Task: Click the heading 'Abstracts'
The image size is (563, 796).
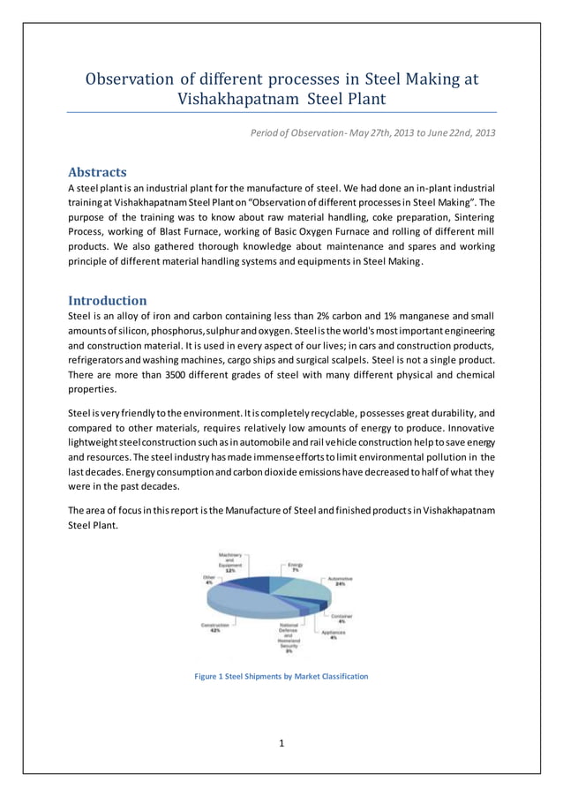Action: pos(97,172)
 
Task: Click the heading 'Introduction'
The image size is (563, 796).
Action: pos(108,300)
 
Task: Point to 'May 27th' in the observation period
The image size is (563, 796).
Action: pos(370,133)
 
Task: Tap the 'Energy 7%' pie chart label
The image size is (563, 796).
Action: pos(296,567)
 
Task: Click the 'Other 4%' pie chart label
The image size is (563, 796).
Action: pos(208,581)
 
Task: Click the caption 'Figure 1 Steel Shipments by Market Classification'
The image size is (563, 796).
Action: pos(281,677)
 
